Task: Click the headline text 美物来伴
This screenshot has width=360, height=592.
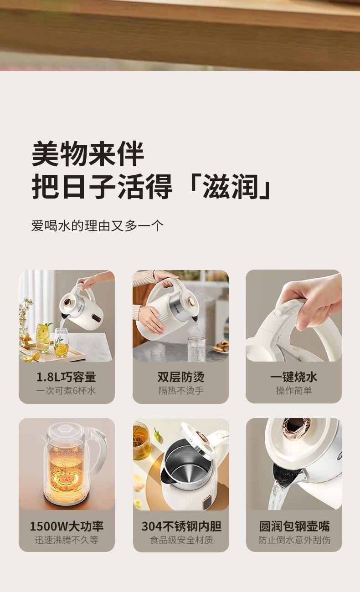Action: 88,153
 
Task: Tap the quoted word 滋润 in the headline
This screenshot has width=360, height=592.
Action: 230,186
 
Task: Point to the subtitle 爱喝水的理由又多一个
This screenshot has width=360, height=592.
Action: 98,226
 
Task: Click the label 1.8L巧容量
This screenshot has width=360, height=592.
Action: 66,377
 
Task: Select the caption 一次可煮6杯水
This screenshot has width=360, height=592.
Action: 66,390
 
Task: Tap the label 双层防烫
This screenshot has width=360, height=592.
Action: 181,377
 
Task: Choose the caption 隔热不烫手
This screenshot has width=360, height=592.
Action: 181,390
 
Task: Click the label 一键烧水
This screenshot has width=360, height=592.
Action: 293,377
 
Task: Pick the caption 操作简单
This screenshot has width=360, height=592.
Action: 293,390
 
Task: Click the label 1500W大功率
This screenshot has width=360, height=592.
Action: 67,526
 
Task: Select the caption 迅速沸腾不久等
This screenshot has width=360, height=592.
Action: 67,540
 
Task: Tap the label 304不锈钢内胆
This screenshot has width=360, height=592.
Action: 181,526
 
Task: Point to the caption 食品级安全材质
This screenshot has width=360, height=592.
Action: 181,540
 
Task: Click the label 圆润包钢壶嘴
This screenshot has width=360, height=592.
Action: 294,526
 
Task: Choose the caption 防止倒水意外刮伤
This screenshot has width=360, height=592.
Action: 294,540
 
